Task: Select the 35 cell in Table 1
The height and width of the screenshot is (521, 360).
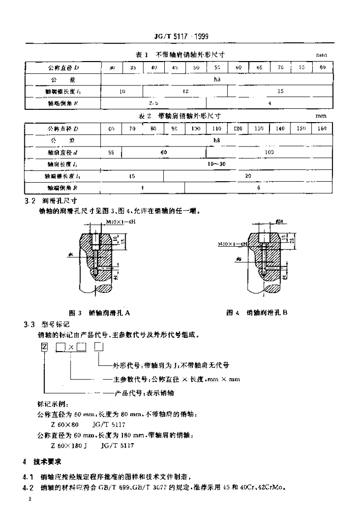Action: click(x=133, y=67)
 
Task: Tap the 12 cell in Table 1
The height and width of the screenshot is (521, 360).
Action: click(x=185, y=91)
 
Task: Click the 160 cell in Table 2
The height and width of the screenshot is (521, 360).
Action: click(x=321, y=129)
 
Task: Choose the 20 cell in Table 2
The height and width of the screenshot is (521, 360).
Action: click(x=248, y=176)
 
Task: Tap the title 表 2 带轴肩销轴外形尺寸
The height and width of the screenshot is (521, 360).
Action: click(x=182, y=116)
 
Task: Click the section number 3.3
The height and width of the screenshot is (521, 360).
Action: click(x=28, y=324)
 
